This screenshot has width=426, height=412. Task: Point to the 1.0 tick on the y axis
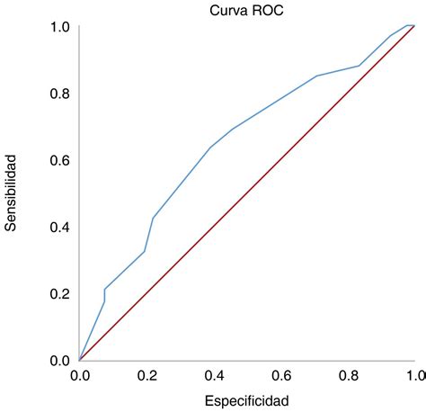[59, 27]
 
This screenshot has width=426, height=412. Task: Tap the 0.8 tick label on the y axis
[59, 94]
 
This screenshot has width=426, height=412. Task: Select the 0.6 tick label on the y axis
[59, 160]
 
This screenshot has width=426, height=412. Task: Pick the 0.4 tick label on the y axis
[59, 227]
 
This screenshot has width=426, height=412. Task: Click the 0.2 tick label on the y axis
[59, 293]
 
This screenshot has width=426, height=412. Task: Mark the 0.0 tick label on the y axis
[59, 360]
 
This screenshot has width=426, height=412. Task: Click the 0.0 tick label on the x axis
[80, 375]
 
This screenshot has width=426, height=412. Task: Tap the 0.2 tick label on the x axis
[146, 375]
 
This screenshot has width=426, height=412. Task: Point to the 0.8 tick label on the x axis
[347, 375]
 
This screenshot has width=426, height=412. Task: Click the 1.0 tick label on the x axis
[413, 375]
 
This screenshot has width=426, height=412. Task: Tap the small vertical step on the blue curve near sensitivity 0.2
[104, 295]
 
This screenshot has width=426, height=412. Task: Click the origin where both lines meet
[80, 360]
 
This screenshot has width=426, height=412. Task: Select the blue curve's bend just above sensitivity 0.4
[153, 218]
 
